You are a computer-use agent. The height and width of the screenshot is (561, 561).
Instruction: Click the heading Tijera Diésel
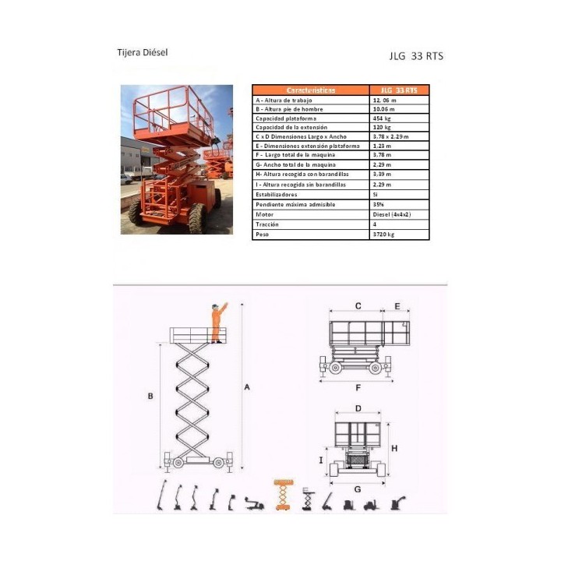pyautogui.click(x=142, y=53)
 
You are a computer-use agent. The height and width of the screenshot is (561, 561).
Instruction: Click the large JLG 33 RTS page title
pyautogui.click(x=415, y=56)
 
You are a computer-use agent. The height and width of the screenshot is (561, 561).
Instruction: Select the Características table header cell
pyautogui.click(x=310, y=90)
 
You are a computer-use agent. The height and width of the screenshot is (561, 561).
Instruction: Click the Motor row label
pyautogui.click(x=265, y=214)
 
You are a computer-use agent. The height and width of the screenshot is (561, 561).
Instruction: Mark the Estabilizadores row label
pyautogui.click(x=277, y=195)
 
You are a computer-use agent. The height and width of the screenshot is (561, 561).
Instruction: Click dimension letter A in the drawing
pyautogui.click(x=249, y=386)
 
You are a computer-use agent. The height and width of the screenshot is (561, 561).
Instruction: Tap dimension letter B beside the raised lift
pyautogui.click(x=150, y=397)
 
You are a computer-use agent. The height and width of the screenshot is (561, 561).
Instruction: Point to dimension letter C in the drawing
pyautogui.click(x=358, y=306)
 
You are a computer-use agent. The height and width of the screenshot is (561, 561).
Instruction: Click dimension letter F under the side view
pyautogui.click(x=358, y=386)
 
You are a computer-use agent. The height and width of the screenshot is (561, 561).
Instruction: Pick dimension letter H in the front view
pyautogui.click(x=394, y=448)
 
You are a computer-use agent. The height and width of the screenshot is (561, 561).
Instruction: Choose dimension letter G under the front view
pyautogui.click(x=358, y=489)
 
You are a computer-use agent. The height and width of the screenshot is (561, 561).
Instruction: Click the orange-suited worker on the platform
pyautogui.click(x=217, y=321)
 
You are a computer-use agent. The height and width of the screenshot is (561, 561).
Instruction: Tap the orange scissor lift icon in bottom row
pyautogui.click(x=282, y=495)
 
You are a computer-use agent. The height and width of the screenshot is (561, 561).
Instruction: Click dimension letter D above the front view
pyautogui.click(x=358, y=408)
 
